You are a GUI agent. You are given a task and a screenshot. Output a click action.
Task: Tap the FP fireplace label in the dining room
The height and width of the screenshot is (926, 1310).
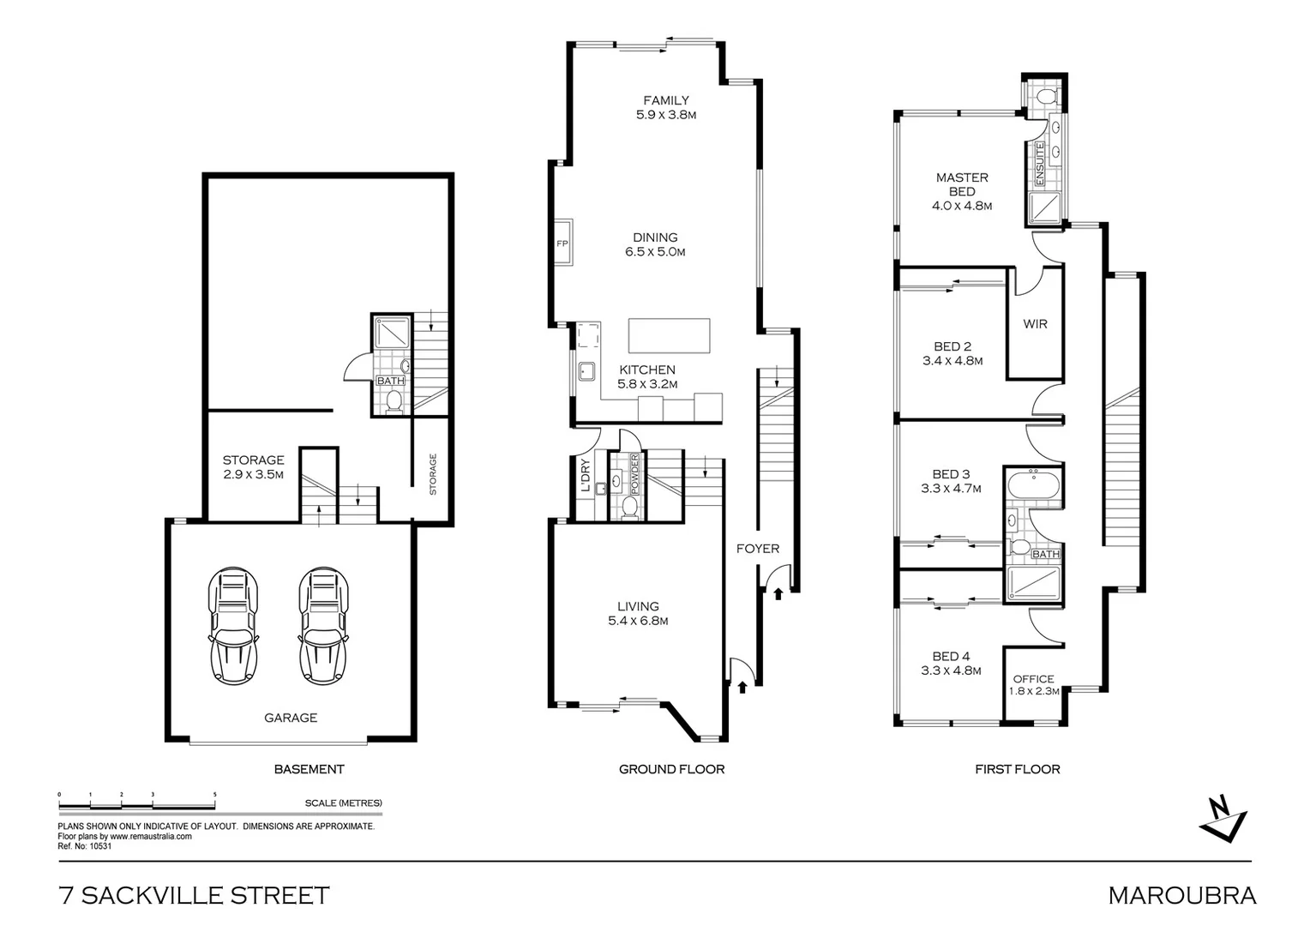(562, 244)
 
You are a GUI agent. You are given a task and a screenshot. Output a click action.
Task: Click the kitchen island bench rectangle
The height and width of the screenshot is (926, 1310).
(669, 335)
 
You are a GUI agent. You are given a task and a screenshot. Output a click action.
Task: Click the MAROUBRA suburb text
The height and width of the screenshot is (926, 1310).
(1181, 896)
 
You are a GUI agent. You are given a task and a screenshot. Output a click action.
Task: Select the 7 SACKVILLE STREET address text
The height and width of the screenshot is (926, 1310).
(194, 896)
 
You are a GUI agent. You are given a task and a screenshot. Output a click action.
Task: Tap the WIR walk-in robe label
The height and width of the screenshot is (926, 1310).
(1035, 324)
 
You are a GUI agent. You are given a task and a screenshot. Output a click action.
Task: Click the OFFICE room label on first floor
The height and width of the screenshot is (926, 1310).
(1033, 679)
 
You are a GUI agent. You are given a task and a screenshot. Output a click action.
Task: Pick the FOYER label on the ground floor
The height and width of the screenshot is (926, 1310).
(758, 549)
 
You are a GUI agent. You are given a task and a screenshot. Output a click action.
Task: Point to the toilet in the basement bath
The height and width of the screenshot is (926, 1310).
(394, 401)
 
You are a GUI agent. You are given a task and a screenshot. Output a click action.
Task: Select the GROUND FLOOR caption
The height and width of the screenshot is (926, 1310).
(671, 769)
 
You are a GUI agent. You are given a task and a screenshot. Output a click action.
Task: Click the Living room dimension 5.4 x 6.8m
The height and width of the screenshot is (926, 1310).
(638, 621)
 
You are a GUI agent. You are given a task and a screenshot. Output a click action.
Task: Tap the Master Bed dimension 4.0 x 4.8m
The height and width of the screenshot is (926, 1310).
(961, 206)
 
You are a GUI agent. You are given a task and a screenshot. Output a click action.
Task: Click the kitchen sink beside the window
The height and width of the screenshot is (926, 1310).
(588, 371)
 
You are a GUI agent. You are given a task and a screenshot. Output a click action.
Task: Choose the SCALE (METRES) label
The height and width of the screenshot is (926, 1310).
(343, 803)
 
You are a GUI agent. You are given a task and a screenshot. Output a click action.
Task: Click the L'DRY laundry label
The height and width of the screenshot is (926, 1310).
(585, 477)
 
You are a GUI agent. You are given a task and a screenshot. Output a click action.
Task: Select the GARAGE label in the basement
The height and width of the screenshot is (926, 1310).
(291, 718)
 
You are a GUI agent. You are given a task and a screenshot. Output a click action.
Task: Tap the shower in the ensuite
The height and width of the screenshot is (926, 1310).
(1043, 207)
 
